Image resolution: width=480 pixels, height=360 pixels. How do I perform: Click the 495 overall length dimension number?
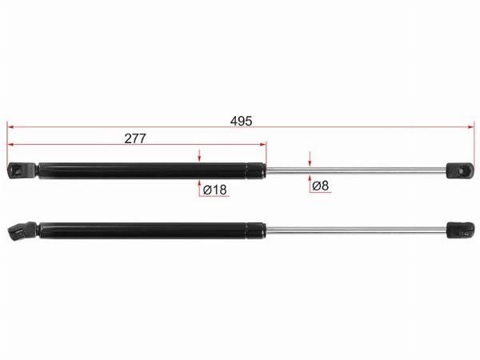(x=242, y=122)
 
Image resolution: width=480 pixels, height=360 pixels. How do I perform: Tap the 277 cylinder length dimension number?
(x=135, y=138)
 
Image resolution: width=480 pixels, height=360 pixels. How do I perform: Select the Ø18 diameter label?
(x=215, y=190)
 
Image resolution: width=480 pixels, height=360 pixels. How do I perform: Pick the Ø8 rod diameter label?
(x=321, y=186)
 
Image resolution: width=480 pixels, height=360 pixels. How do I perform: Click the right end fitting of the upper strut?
(x=460, y=170)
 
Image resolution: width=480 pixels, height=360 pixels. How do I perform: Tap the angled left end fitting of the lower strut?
(x=22, y=230)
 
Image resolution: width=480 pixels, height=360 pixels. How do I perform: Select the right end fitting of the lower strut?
(x=461, y=230)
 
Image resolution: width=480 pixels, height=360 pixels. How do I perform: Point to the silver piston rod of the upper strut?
(x=356, y=170)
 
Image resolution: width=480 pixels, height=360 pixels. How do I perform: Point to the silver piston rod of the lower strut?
(x=356, y=230)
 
